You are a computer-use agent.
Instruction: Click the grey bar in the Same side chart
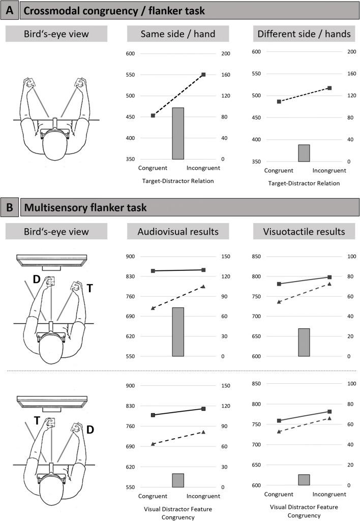coord(177,134)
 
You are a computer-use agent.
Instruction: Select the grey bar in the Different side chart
coord(304,153)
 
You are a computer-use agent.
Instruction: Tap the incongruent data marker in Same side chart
coord(203,75)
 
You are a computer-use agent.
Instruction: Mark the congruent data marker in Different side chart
coord(279,102)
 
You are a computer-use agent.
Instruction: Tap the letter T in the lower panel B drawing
coord(37,419)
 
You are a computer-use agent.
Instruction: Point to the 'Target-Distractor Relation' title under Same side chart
coord(177,180)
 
